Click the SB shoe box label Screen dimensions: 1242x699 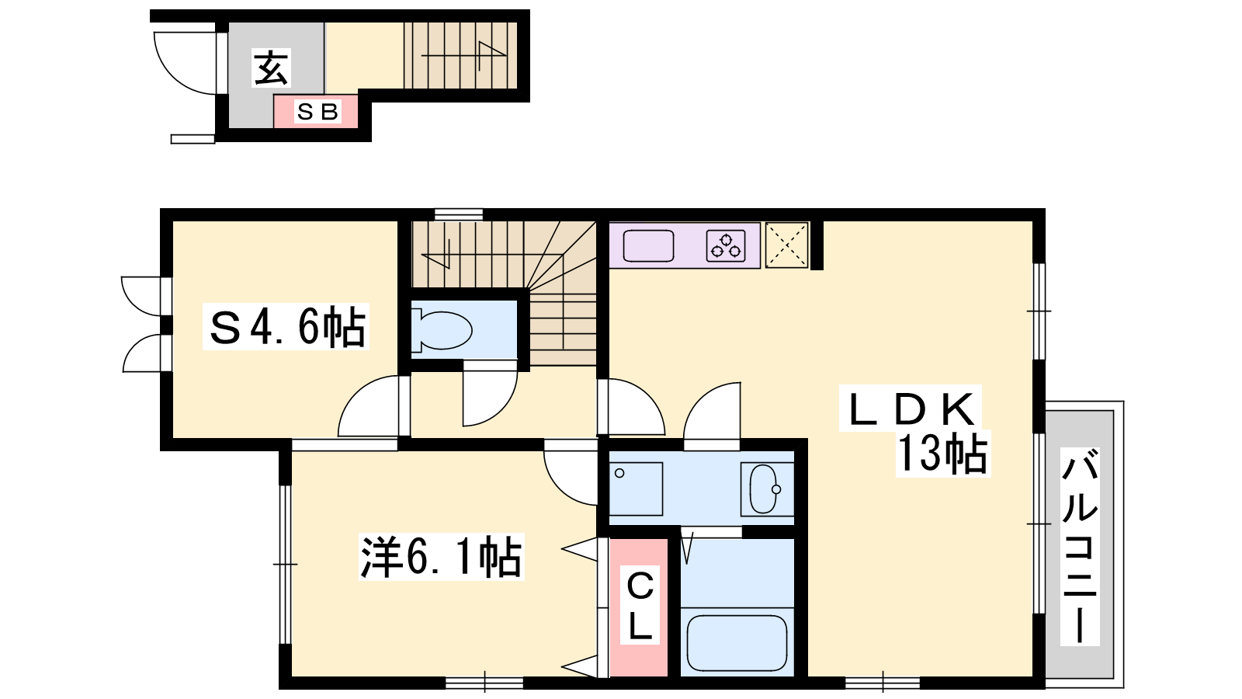pos(317,112)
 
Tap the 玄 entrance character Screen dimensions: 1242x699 pos(271,68)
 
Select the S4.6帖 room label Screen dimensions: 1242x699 pos(286,327)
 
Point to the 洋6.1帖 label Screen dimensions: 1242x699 pos(441,557)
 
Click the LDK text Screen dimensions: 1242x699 pos(911,409)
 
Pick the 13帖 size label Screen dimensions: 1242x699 pos(942,454)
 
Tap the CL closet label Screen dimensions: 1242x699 pos(640,605)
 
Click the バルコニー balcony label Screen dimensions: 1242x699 pos(1080,547)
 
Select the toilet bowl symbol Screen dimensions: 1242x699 pos(442,331)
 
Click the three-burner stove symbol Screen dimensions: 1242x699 pos(726,245)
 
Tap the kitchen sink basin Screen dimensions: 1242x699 pos(648,245)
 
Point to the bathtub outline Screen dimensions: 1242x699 pos(737,644)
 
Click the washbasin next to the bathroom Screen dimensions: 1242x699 pos(765,489)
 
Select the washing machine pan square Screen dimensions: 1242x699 pos(636,489)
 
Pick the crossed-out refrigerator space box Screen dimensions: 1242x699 pos(786,245)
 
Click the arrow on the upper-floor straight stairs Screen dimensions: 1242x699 pos(464,56)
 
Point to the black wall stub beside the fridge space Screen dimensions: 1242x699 pos(817,245)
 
